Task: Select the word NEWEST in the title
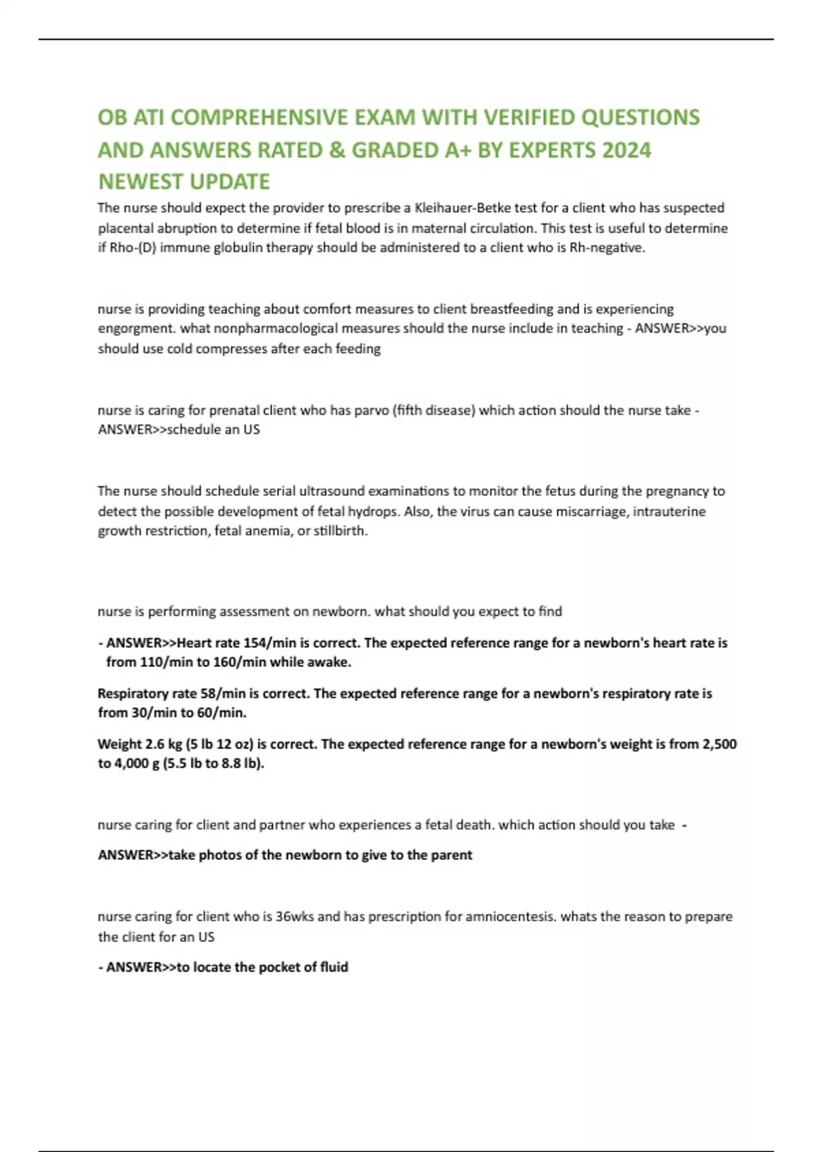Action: click(138, 182)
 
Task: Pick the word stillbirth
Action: click(340, 531)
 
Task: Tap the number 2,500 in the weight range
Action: click(719, 744)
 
